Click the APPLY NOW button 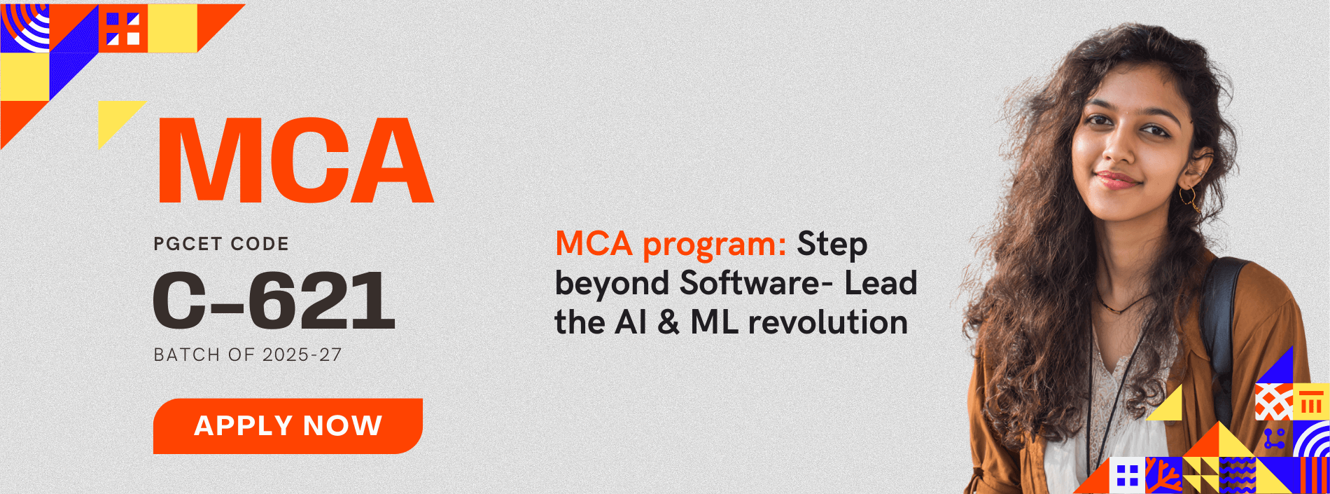coord(288,426)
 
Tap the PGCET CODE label coord(221,244)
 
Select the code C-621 coord(274,301)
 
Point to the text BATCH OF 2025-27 coord(248,355)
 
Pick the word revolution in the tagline coord(828,322)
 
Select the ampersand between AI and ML coord(668,323)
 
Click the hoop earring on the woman coord(1188,198)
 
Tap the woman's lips coord(1117,180)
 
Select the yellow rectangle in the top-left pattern coord(172,28)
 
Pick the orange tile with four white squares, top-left coord(123,28)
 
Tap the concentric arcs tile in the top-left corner coord(24,28)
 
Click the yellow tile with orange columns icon coord(1311,402)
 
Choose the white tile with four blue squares coord(1127,475)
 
